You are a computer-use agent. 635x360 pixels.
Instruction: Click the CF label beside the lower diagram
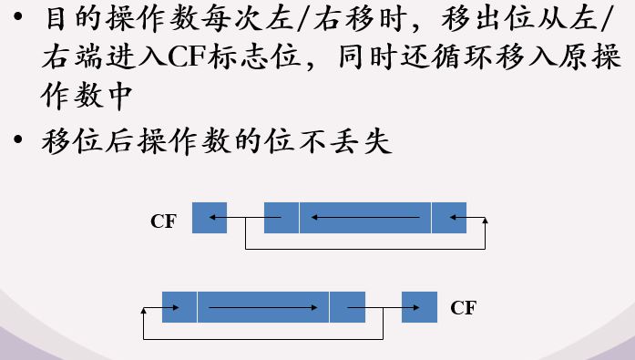463,308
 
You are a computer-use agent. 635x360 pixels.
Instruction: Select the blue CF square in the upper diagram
210,218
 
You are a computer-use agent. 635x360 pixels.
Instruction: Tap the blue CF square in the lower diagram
419,307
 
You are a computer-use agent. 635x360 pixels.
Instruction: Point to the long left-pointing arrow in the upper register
364,218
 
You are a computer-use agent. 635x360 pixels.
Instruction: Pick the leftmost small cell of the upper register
281,218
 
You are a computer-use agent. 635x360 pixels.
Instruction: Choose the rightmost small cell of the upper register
449,218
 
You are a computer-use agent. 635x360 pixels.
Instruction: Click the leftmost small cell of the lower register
179,307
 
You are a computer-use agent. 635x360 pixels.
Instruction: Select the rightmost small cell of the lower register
347,307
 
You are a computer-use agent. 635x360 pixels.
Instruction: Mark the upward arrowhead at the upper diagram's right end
485,221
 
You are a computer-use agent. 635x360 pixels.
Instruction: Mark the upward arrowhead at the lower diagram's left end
144,311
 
